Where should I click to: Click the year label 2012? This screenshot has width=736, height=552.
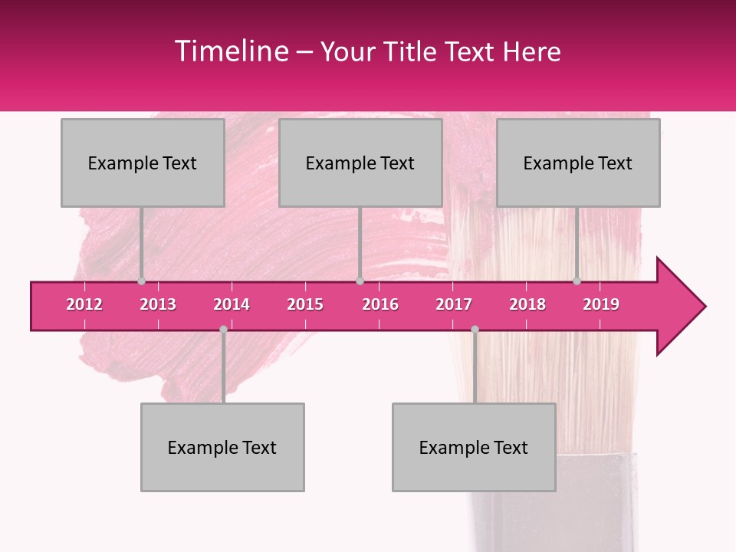84,304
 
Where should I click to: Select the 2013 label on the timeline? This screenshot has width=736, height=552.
158,304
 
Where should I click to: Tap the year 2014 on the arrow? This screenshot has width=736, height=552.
232,304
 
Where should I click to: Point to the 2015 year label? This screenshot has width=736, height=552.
305,304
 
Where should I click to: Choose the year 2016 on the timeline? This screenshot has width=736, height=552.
380,304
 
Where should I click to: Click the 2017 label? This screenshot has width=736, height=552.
454,304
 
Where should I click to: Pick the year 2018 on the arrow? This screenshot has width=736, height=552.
527,304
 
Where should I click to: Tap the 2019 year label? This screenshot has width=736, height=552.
601,304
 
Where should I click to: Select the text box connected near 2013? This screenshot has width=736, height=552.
143,163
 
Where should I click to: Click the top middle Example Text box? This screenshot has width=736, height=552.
360,163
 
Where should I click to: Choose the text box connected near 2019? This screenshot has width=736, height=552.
578,163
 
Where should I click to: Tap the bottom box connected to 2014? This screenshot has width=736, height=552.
222,447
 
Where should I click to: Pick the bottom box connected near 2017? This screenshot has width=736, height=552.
474,447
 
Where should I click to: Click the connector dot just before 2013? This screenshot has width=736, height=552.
141,281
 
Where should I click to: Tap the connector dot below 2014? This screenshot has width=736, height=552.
223,329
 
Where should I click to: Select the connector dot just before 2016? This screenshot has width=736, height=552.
360,281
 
